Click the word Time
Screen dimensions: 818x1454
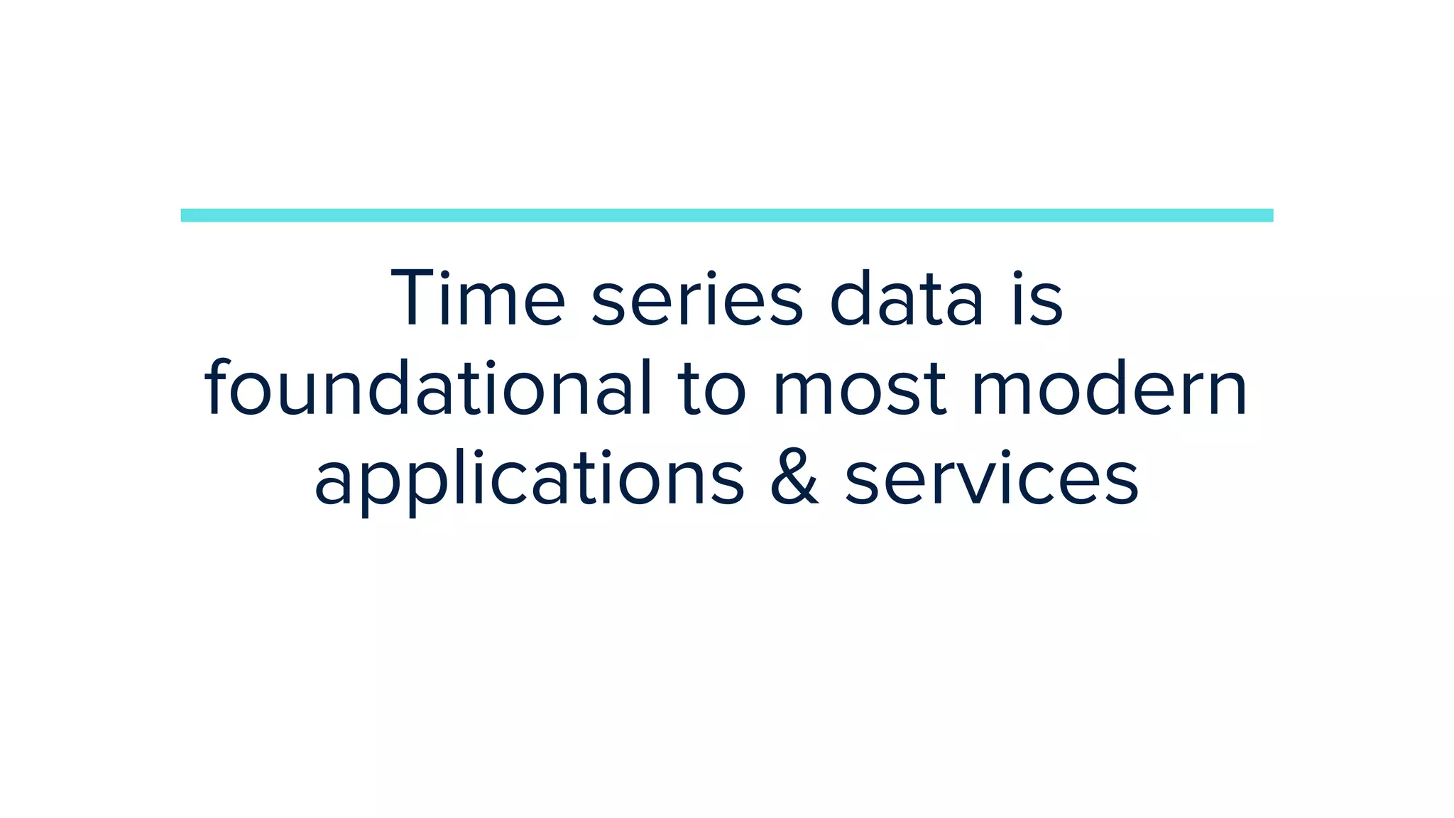coord(478,298)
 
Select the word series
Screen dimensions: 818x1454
coord(697,300)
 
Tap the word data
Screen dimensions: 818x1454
coord(907,298)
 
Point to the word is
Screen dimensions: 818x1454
coord(1037,300)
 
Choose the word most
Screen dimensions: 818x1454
coord(859,391)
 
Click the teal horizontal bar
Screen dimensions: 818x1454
coord(727,215)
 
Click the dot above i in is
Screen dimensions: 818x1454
coord(1017,274)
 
